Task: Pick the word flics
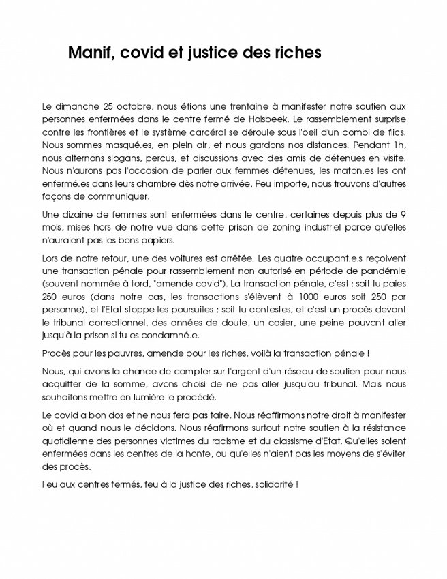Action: point(392,132)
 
